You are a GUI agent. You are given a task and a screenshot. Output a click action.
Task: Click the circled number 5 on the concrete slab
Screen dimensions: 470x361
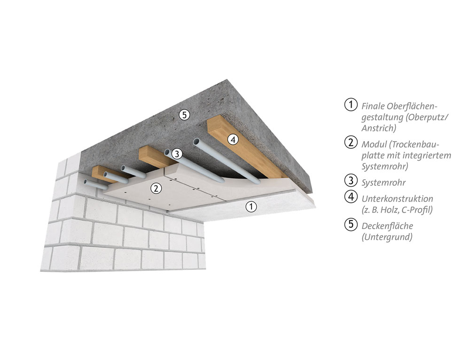(x=184, y=115)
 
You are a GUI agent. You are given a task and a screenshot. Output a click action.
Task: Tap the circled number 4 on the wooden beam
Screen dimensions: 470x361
(x=233, y=139)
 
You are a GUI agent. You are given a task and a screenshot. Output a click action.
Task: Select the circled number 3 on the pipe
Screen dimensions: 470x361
(x=177, y=154)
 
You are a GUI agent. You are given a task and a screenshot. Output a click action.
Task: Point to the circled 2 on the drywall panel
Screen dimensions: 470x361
(x=156, y=188)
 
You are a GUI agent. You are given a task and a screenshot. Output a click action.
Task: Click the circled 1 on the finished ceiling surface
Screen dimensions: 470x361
(x=251, y=207)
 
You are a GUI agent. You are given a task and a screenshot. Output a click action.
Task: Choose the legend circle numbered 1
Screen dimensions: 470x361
(x=351, y=105)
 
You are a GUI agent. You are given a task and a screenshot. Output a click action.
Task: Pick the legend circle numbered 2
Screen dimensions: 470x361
(x=351, y=142)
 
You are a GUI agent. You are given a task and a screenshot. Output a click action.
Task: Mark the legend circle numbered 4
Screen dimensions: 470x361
(x=351, y=197)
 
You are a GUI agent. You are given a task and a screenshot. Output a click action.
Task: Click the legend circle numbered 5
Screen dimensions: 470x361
(x=351, y=224)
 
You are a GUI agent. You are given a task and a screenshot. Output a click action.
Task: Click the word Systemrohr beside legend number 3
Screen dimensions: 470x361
(x=384, y=183)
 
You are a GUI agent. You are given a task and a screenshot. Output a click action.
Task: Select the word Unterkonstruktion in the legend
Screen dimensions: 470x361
(x=398, y=199)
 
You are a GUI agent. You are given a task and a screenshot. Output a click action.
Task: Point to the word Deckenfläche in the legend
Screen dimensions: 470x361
(x=387, y=226)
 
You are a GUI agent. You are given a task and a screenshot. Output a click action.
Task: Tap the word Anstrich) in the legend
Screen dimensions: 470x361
(x=379, y=128)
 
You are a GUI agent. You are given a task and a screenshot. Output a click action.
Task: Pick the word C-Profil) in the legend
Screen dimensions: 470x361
(x=417, y=210)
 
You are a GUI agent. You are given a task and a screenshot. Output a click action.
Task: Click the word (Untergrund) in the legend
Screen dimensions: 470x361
(x=387, y=237)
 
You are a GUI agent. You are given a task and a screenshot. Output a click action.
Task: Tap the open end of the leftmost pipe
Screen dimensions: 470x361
(x=86, y=181)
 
